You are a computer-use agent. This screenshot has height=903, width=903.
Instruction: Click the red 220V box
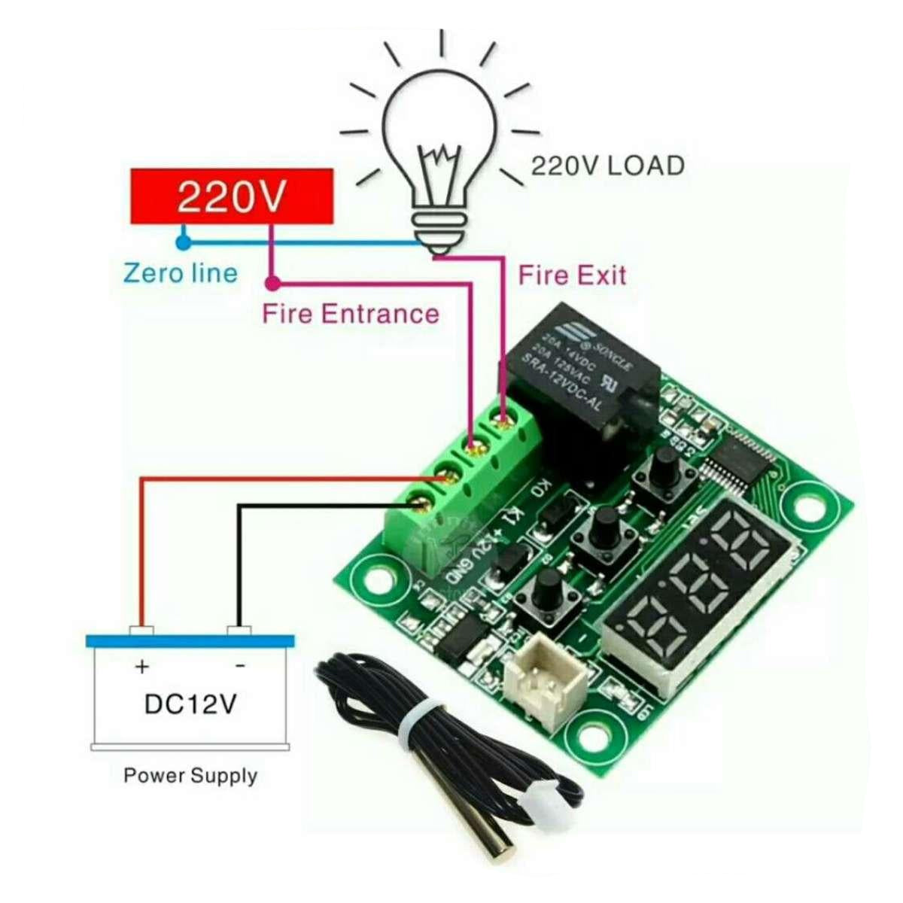pyautogui.click(x=232, y=196)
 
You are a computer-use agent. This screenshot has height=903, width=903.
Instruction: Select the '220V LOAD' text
pyautogui.click(x=608, y=166)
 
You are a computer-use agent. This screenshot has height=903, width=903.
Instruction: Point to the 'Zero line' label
pyautogui.click(x=181, y=272)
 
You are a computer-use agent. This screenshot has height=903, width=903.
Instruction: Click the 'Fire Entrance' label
pyautogui.click(x=350, y=313)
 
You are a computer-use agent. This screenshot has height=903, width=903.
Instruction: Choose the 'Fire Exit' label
pyautogui.click(x=572, y=275)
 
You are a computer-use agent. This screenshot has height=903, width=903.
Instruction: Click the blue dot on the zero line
pyautogui.click(x=181, y=242)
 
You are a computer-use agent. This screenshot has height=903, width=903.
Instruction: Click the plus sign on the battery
pyautogui.click(x=141, y=667)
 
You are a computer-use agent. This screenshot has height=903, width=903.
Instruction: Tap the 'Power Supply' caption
pyautogui.click(x=190, y=775)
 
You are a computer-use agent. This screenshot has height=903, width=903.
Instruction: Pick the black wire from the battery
pyautogui.click(x=239, y=564)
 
